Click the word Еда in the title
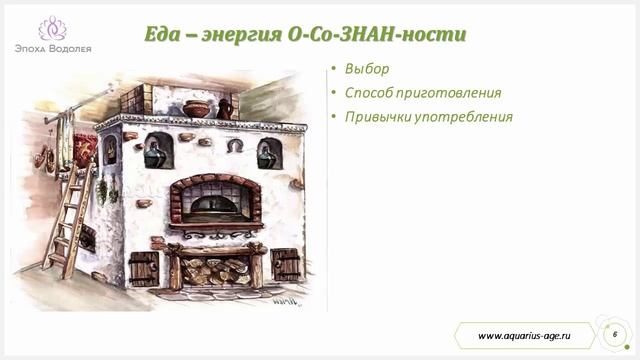[x=164, y=36]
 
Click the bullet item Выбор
[x=366, y=69]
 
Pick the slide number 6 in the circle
[x=613, y=333]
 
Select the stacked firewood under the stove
[x=215, y=269]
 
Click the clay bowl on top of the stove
[x=198, y=108]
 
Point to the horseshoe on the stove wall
[x=234, y=146]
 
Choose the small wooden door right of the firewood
[x=286, y=264]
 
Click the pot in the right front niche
[x=268, y=154]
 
